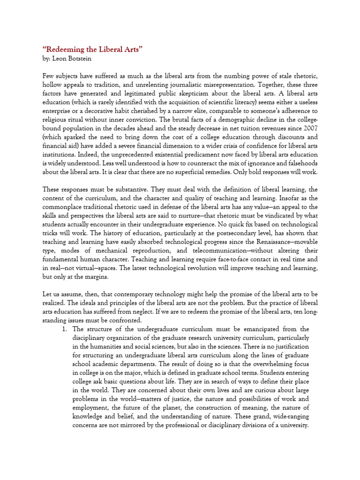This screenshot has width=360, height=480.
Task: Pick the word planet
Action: [167, 408]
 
